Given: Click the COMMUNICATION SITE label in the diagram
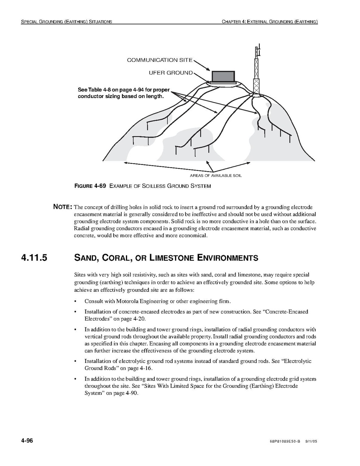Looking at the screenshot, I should coord(159,60).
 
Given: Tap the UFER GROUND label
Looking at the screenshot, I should coord(171,73).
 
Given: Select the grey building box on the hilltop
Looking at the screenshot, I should coord(223,77).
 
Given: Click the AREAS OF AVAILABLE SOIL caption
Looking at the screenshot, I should coord(215,176).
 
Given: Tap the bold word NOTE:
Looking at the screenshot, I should coord(63,207).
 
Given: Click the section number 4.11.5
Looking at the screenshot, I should coord(34,258).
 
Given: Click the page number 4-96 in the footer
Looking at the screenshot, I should coord(27,441).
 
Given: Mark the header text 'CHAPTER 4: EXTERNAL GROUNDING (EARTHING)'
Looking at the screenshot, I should coord(270,22).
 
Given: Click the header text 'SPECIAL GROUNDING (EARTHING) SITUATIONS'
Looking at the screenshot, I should coord(66,22).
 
